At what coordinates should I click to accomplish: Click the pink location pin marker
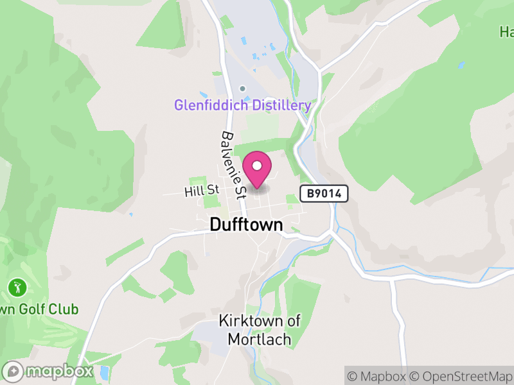258,170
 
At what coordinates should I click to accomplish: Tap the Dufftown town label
246,225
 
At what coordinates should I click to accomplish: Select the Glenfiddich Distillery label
243,105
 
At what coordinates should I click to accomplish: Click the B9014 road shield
324,193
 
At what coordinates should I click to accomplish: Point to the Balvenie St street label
233,166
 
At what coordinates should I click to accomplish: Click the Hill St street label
201,191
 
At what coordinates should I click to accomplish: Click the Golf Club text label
40,309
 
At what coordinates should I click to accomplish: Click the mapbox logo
49,371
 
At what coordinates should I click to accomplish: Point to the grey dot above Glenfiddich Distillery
242,89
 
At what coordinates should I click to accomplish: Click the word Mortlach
254,339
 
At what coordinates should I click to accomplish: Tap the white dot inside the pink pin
258,166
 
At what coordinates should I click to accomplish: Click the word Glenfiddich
211,105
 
